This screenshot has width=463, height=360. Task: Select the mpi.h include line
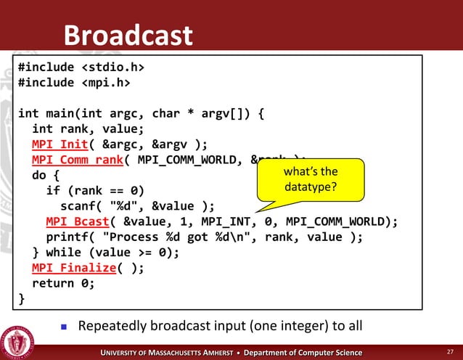tap(74, 83)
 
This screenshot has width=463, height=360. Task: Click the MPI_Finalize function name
tap(74, 268)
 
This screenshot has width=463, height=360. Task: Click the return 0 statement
tap(63, 283)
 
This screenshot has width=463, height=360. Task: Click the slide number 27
tap(449, 352)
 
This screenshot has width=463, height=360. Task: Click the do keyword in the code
tap(39, 175)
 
